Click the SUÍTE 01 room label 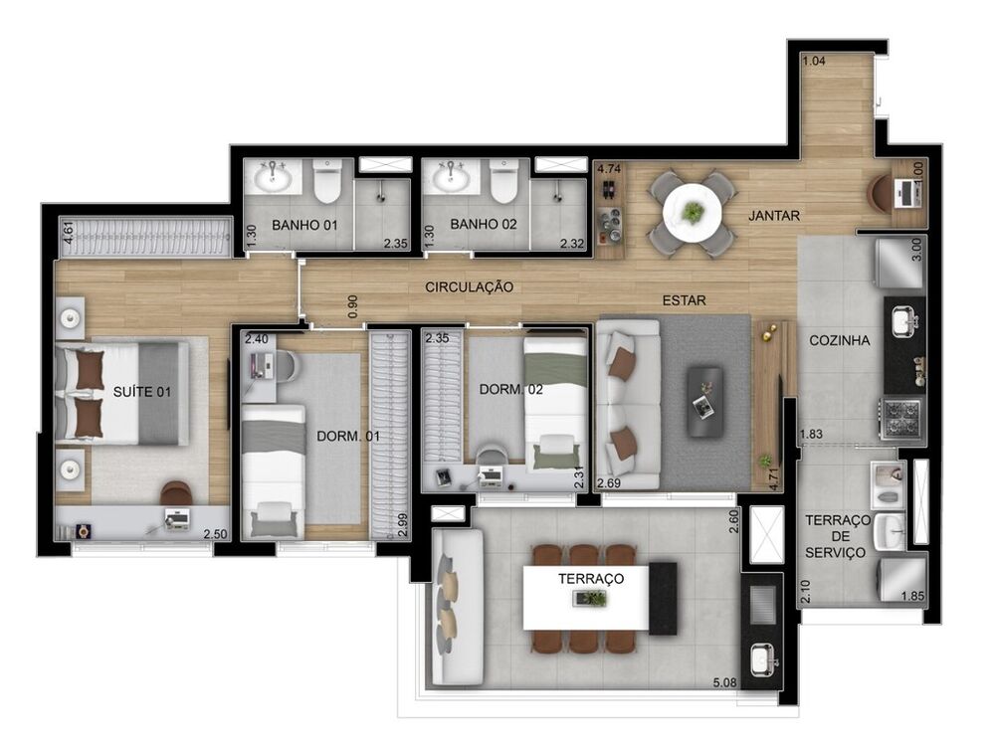[x=141, y=392]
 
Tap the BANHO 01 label [x=304, y=225]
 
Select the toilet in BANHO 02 [x=503, y=181]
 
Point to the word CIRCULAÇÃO [x=470, y=287]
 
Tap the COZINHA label [x=839, y=340]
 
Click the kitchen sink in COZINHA [x=903, y=320]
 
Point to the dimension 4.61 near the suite [x=68, y=236]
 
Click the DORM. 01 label [x=347, y=436]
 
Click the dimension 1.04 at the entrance [x=813, y=62]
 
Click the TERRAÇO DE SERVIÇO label [x=837, y=536]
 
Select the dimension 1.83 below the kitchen [x=812, y=434]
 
